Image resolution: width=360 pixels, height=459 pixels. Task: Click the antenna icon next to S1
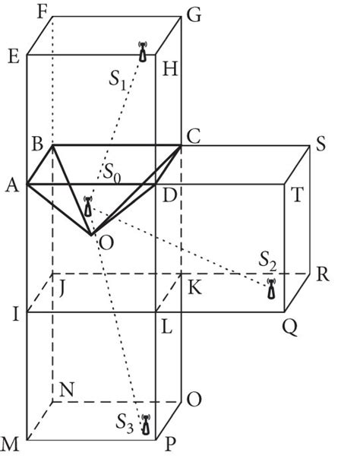(142, 52)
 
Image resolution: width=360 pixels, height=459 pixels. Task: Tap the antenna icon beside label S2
(271, 290)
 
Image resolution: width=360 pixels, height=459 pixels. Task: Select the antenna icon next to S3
(145, 424)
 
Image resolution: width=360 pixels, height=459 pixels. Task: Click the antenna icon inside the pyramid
(88, 206)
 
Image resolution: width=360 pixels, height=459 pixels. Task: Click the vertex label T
(296, 195)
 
